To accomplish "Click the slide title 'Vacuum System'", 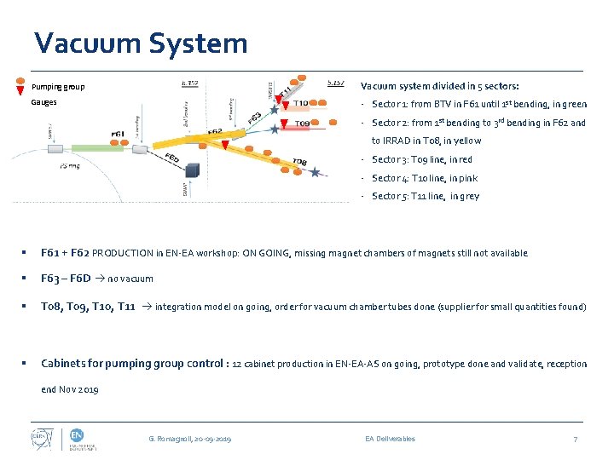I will point(141,43).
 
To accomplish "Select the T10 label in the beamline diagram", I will point(301,105).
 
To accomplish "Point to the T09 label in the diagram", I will point(302,124).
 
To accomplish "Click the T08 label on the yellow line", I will point(299,162).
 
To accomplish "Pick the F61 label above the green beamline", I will point(119,134).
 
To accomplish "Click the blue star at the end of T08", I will point(316,173).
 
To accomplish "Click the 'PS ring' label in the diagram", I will point(69,167).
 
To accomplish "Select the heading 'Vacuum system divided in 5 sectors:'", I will point(440,86).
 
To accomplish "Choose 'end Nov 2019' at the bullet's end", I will point(70,389).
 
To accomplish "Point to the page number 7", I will point(576,439).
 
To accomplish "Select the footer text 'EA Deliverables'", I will point(390,439).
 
